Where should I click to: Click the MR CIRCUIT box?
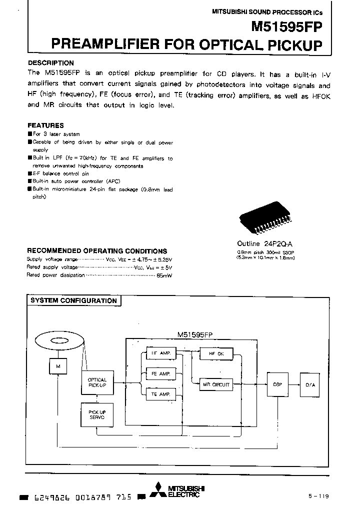point(216,384)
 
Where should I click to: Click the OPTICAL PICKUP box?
point(97,383)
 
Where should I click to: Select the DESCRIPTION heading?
point(50,63)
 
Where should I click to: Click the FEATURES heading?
point(45,125)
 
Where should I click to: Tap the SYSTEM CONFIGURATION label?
point(73,300)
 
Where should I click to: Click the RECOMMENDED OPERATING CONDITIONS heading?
point(97,251)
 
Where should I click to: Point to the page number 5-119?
point(318,495)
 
